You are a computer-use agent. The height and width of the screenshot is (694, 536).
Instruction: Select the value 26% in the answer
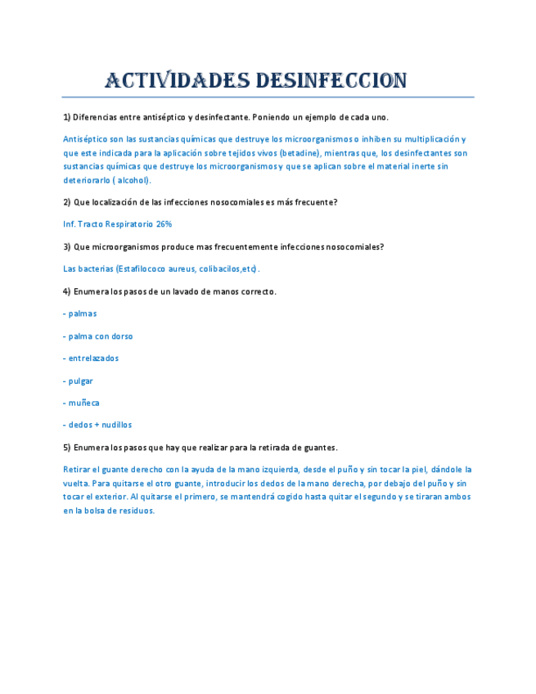pyautogui.click(x=164, y=223)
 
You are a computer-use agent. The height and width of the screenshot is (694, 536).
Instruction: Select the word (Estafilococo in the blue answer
pyautogui.click(x=142, y=268)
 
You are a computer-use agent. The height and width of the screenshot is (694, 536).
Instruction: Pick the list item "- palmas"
pyautogui.click(x=80, y=313)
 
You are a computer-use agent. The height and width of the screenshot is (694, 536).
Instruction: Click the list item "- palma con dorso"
pyautogui.click(x=98, y=336)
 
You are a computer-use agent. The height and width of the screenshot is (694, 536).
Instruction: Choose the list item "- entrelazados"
pyautogui.click(x=91, y=358)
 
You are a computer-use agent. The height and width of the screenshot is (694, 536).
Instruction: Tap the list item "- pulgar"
pyautogui.click(x=78, y=381)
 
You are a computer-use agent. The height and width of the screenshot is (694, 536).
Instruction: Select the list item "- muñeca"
pyautogui.click(x=81, y=403)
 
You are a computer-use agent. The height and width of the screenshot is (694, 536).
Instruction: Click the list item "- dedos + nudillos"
pyautogui.click(x=97, y=425)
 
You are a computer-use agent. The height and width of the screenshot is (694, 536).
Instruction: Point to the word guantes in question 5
pyautogui.click(x=320, y=448)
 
